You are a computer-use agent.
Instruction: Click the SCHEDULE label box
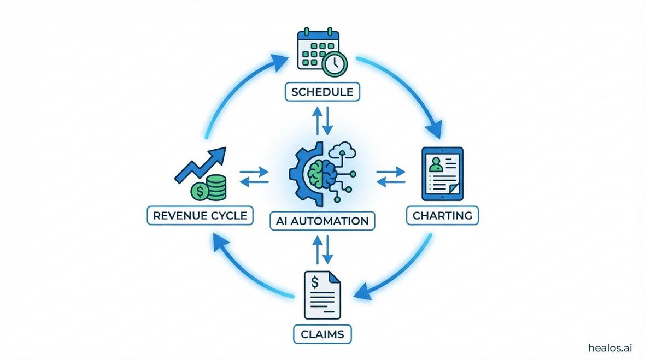pos(322,92)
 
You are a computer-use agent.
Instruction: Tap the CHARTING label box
pos(442,215)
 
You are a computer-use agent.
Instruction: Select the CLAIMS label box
pos(322,333)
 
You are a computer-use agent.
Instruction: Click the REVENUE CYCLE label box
pos(201,215)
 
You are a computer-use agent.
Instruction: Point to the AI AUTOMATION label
pos(322,221)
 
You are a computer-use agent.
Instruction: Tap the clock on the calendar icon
pos(334,64)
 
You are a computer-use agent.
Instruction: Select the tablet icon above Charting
pos(442,173)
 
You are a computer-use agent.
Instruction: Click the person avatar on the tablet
pos(435,164)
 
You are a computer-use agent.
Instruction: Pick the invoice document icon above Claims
pos(322,296)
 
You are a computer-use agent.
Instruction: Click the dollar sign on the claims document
pos(314,282)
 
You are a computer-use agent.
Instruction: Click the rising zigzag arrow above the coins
pos(200,164)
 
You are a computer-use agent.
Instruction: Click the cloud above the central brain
pos(344,149)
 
